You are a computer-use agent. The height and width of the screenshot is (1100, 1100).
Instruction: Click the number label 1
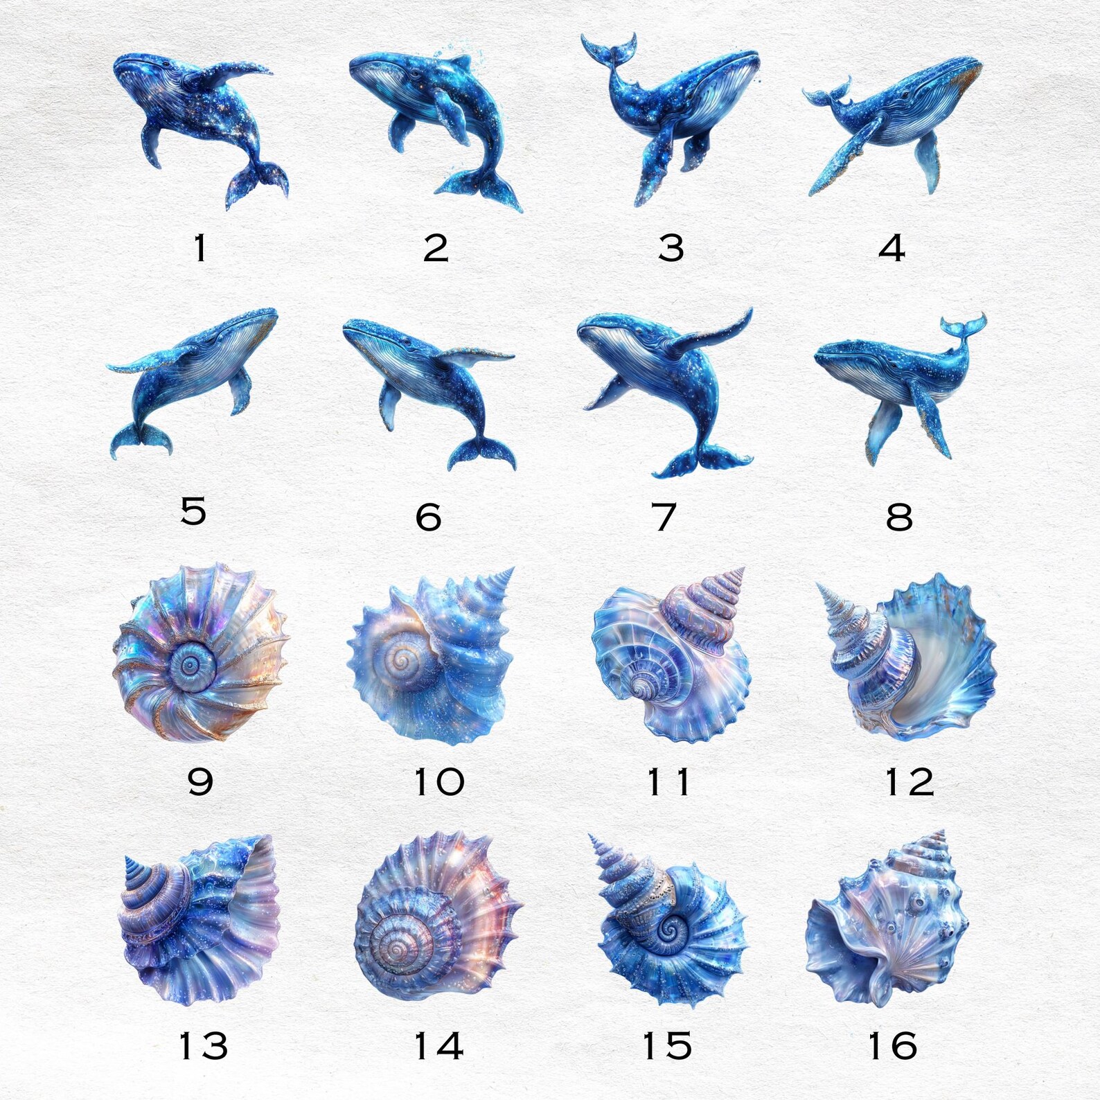click(200, 248)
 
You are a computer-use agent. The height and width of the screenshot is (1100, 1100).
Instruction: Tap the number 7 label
click(664, 516)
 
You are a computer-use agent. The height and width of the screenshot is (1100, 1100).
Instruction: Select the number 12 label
click(910, 783)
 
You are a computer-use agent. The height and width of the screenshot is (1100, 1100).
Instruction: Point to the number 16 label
click(892, 1046)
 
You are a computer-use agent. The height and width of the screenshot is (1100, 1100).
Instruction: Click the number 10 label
click(438, 782)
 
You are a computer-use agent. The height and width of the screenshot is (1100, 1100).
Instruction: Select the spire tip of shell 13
click(128, 860)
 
